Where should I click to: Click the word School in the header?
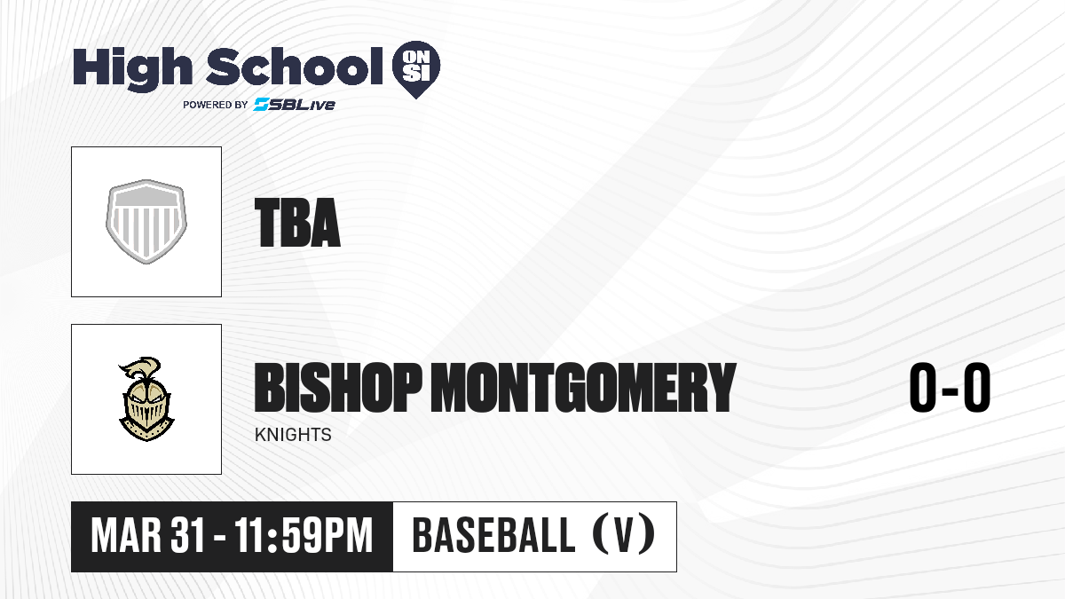point(295,67)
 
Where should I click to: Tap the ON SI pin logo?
point(416,69)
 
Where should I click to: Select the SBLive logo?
point(294,105)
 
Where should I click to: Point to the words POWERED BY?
point(216,105)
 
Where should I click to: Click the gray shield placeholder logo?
point(146,222)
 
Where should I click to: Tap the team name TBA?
point(297,223)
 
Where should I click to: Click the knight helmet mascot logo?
point(146,399)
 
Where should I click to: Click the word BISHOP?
point(338,387)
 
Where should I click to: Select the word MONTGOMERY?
point(583,387)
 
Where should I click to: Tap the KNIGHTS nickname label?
point(293,435)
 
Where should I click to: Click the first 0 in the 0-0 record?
point(923,387)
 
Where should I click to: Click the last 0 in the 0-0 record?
point(977,387)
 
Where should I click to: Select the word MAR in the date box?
point(126,535)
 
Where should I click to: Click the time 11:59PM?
point(304,535)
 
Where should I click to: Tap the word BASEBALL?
point(494,535)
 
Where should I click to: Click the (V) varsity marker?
point(624,534)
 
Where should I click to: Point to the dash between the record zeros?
point(950,391)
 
